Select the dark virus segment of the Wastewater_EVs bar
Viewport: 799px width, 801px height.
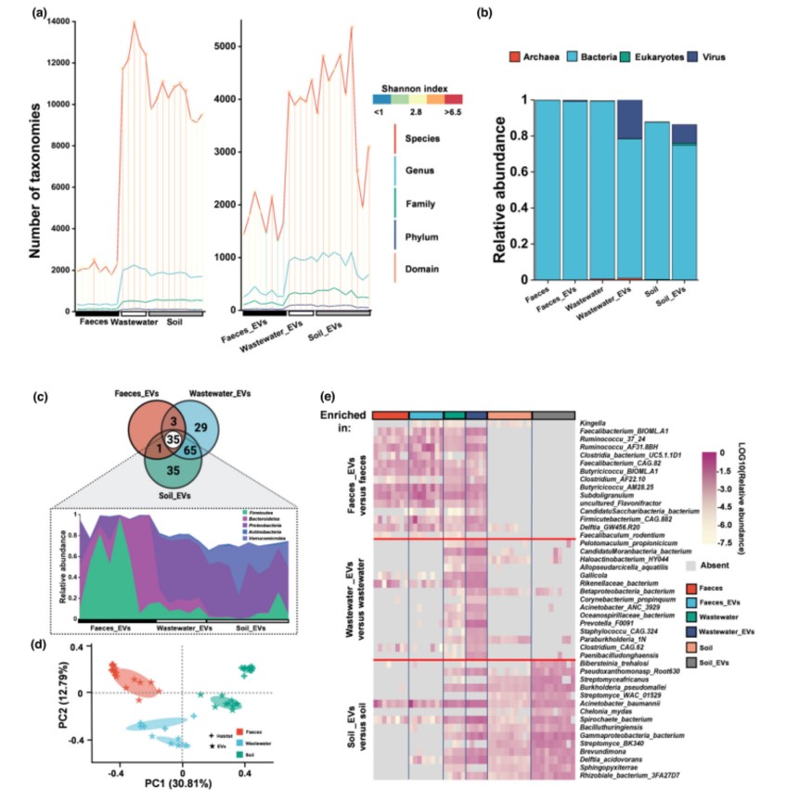click(629, 120)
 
